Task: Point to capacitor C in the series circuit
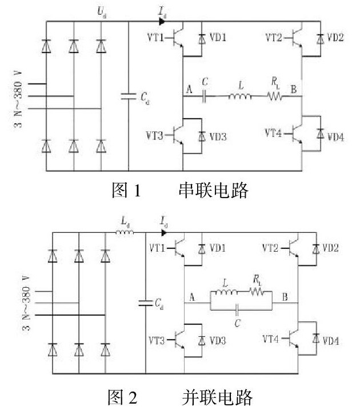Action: [205, 96]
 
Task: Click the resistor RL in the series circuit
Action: [275, 96]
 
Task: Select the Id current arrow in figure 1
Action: [162, 22]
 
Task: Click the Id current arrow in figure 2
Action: [163, 232]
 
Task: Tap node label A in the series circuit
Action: [189, 88]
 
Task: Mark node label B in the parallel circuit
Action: [283, 297]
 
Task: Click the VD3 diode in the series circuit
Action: [201, 137]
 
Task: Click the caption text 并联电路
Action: [218, 396]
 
